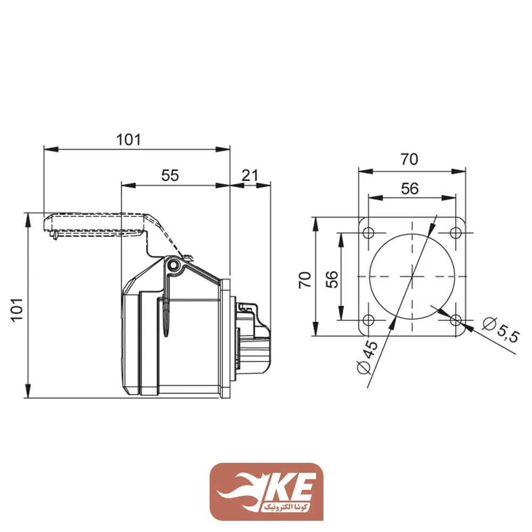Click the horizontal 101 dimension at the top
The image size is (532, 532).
(129, 139)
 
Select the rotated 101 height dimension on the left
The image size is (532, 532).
(16, 309)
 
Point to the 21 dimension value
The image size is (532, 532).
(250, 175)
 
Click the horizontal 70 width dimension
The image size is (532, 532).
(410, 159)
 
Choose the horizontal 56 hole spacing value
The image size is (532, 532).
(410, 188)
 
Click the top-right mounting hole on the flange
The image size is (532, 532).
(456, 233)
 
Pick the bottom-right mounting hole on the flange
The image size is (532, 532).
(456, 320)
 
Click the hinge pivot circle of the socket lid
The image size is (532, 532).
(173, 265)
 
